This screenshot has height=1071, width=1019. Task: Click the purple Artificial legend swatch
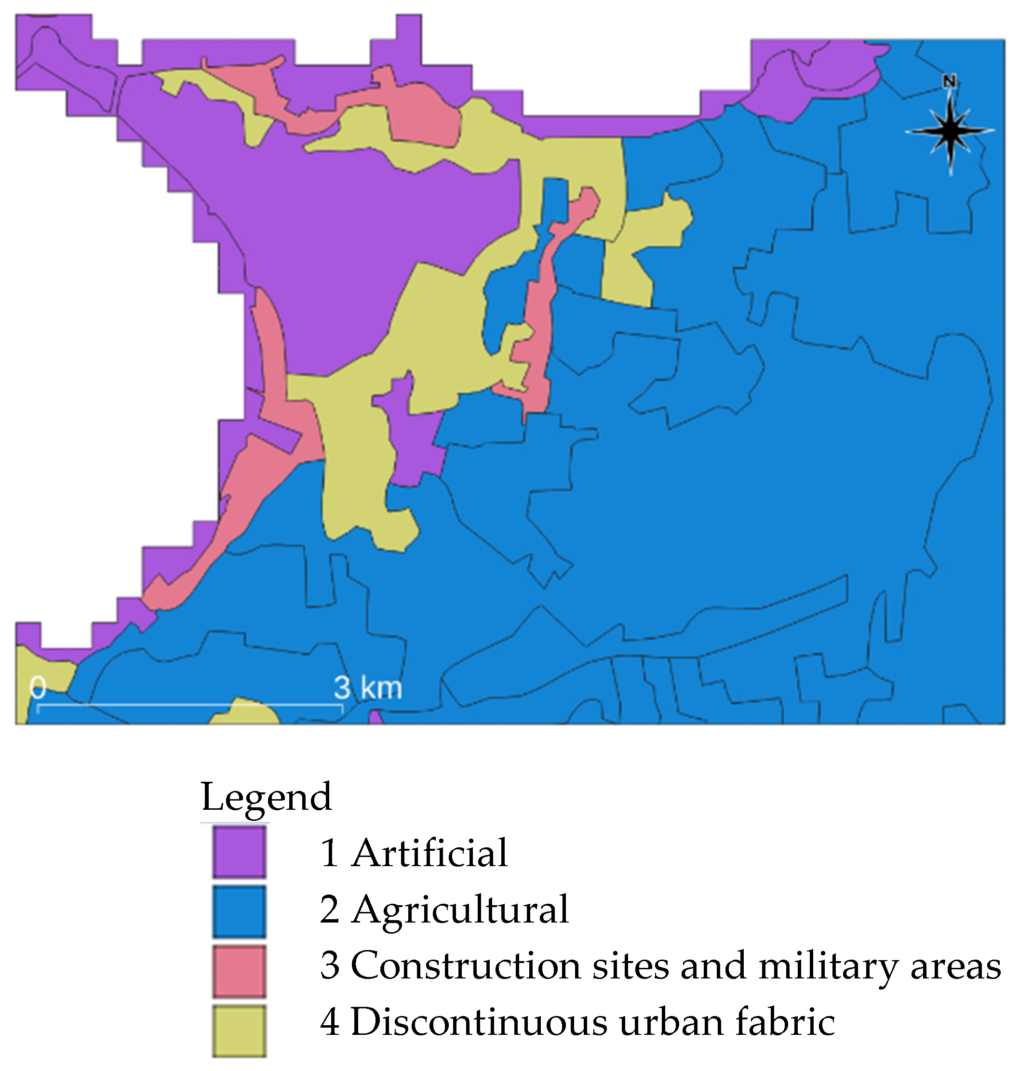pos(239,852)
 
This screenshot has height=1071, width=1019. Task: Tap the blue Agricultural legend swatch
pos(239,911)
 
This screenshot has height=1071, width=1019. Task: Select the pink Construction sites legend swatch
pos(239,971)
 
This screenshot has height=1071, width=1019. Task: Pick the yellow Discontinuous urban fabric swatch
pos(239,1031)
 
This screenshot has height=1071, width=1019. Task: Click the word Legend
pos(266,797)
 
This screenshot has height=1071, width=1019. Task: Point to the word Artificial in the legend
pos(429,853)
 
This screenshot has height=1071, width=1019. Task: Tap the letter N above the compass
pos(949,81)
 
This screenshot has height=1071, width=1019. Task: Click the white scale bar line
pos(190,705)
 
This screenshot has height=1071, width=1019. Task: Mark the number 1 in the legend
pos(330,853)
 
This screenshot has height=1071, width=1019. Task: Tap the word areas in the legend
pos(955,967)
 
